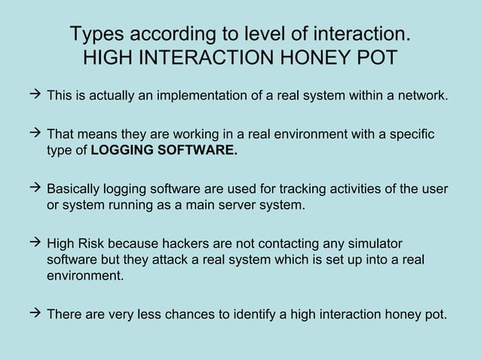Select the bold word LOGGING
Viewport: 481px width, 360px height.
pyautogui.click(x=119, y=150)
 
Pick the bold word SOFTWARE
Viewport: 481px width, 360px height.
pyautogui.click(x=194, y=150)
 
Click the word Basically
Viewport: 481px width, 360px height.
pyautogui.click(x=76, y=188)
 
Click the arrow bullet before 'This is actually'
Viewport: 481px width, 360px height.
pyautogui.click(x=35, y=96)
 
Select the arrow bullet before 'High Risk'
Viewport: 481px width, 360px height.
pyautogui.click(x=35, y=243)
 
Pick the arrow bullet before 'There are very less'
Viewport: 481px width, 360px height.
pyautogui.click(x=35, y=313)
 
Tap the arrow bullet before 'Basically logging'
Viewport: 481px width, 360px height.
pyautogui.click(x=35, y=188)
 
